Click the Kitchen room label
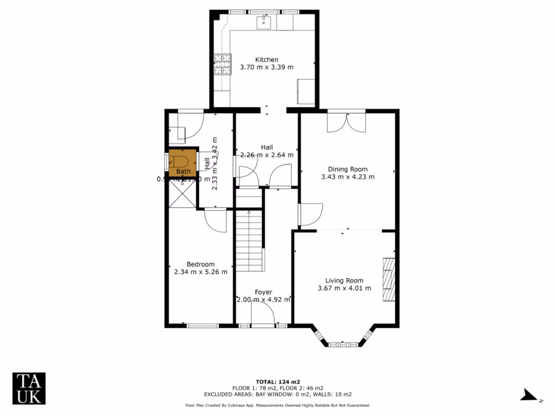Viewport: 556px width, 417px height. click(267, 60)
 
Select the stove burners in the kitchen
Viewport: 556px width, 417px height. click(222, 64)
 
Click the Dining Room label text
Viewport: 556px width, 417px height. click(347, 169)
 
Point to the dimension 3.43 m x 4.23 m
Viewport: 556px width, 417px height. click(347, 176)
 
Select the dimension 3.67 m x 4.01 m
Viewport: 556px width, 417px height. click(344, 288)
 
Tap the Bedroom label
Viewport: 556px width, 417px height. click(200, 264)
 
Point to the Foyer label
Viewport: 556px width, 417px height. click(263, 292)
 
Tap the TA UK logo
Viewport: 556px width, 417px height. click(29, 388)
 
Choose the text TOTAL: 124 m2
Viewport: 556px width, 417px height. click(277, 381)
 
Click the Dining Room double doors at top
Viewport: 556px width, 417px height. click(346, 122)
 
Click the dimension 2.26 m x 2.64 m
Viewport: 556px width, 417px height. click(267, 155)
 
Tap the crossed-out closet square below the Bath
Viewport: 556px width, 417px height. click(181, 193)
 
